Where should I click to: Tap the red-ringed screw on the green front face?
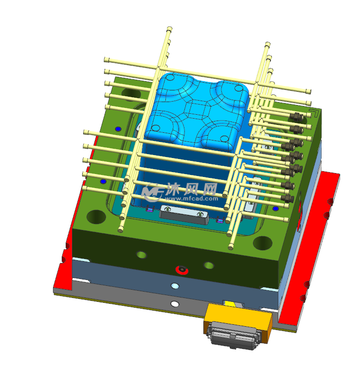point(182,270)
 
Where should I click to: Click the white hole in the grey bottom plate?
point(175,304)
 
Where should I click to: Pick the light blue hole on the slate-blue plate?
point(175,286)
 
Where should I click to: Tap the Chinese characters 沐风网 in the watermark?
point(192,189)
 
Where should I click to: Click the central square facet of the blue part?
point(196,109)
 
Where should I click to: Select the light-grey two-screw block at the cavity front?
point(184,214)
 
